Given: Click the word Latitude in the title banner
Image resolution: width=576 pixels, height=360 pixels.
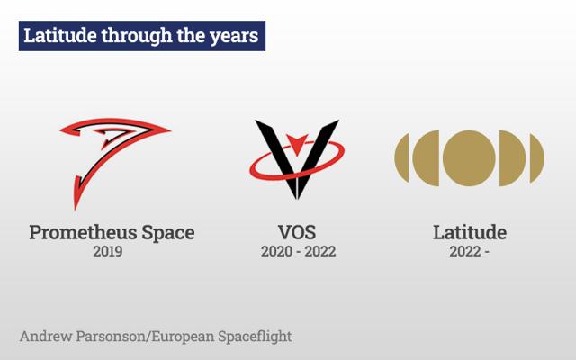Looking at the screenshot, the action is [60, 35].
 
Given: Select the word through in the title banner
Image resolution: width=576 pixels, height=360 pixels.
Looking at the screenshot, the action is [137, 36].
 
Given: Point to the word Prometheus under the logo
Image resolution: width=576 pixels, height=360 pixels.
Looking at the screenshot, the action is [83, 232].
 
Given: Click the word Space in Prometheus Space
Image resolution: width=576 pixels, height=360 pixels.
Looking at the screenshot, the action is [168, 234].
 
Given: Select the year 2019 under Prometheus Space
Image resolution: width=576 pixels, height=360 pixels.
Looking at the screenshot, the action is [108, 252].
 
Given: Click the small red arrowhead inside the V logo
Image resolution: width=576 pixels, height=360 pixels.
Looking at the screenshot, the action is [297, 144].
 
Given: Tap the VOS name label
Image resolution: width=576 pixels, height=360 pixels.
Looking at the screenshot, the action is [297, 232].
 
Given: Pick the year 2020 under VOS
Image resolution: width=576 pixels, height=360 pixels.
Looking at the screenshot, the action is [276, 252].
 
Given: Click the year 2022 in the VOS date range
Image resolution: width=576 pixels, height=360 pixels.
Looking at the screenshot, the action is [320, 252].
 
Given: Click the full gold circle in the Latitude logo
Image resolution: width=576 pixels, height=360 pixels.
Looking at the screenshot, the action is [469, 158].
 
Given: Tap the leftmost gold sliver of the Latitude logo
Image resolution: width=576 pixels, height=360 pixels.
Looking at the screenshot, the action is [403, 158].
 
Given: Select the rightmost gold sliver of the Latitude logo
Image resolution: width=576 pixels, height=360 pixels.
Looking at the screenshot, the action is [536, 158].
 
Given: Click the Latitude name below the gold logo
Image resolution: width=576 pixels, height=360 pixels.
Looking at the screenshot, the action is [470, 232].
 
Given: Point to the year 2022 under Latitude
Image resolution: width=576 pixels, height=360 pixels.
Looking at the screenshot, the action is [465, 252].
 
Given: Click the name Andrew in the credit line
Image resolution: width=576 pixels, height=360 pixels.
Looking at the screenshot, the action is [46, 336].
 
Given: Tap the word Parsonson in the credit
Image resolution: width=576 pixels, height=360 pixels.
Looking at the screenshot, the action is [112, 336].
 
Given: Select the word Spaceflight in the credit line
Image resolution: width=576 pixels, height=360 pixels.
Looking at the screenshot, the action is [255, 337].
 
